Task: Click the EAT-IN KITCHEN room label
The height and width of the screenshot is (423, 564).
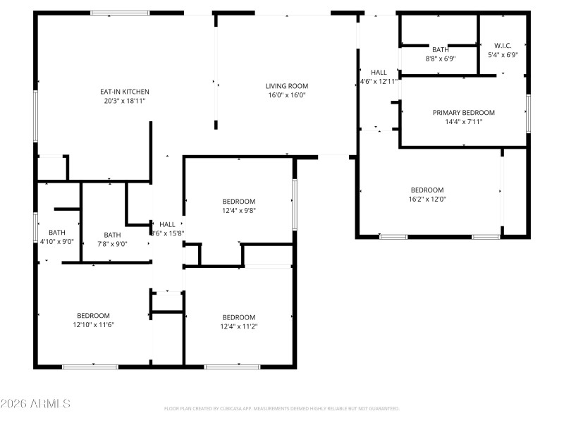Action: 124,92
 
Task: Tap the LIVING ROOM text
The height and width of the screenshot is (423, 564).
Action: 286,86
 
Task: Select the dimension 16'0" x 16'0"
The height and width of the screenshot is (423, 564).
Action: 286,95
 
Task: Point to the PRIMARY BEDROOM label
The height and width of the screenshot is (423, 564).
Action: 463,113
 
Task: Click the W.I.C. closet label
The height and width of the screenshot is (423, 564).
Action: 503,46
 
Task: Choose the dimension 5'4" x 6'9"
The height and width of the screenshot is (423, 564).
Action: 503,55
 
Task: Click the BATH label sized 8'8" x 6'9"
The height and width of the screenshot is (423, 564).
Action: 440,50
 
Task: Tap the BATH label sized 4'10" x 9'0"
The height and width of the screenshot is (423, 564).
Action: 56,233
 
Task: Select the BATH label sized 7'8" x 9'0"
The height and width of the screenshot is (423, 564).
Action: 112,235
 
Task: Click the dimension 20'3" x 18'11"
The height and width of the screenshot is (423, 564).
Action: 124,101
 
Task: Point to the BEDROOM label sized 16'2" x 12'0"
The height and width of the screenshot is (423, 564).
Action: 427,190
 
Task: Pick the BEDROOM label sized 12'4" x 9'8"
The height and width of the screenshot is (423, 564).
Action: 238,202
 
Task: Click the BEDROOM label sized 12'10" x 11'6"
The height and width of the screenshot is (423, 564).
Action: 93,316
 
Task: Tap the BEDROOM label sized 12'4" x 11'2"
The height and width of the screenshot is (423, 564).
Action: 238,317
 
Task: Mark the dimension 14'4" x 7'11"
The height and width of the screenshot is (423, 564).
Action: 463,122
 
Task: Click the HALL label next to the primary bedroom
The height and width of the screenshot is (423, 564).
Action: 379,73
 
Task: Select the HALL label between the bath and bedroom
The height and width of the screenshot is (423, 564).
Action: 167,225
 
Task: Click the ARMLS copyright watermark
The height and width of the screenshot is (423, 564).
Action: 35,404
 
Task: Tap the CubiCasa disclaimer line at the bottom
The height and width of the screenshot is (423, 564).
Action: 281,409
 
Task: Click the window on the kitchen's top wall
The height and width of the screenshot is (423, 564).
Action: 120,13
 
